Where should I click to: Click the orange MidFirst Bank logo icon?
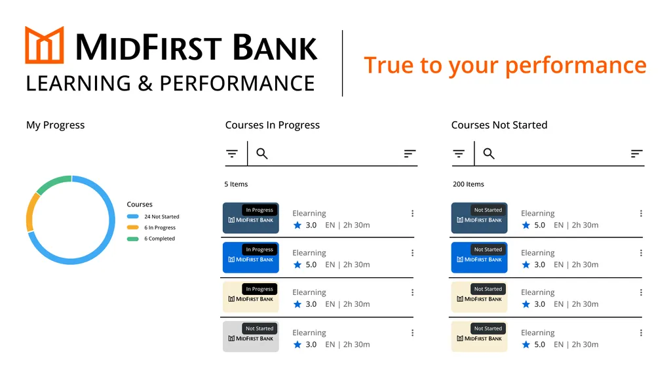click(45, 45)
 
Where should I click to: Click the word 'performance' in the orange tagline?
click(575, 66)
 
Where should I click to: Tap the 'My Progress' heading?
click(55, 125)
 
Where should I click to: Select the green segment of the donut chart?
click(52, 183)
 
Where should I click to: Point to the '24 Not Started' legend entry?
click(153, 217)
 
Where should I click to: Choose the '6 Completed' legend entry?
click(151, 239)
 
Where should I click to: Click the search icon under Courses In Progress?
click(262, 153)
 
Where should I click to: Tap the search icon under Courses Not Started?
click(489, 153)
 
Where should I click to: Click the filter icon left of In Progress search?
click(232, 153)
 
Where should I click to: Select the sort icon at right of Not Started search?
click(637, 153)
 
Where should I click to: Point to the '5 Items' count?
click(236, 184)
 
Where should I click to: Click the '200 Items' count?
click(469, 184)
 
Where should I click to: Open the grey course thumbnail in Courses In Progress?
click(251, 336)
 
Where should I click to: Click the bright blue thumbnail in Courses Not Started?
click(479, 258)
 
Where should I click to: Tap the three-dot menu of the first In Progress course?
click(413, 213)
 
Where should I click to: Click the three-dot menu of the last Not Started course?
click(641, 333)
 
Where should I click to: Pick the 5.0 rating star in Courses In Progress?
click(297, 265)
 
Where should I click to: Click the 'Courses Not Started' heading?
click(499, 125)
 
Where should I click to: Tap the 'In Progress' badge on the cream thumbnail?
click(259, 289)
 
